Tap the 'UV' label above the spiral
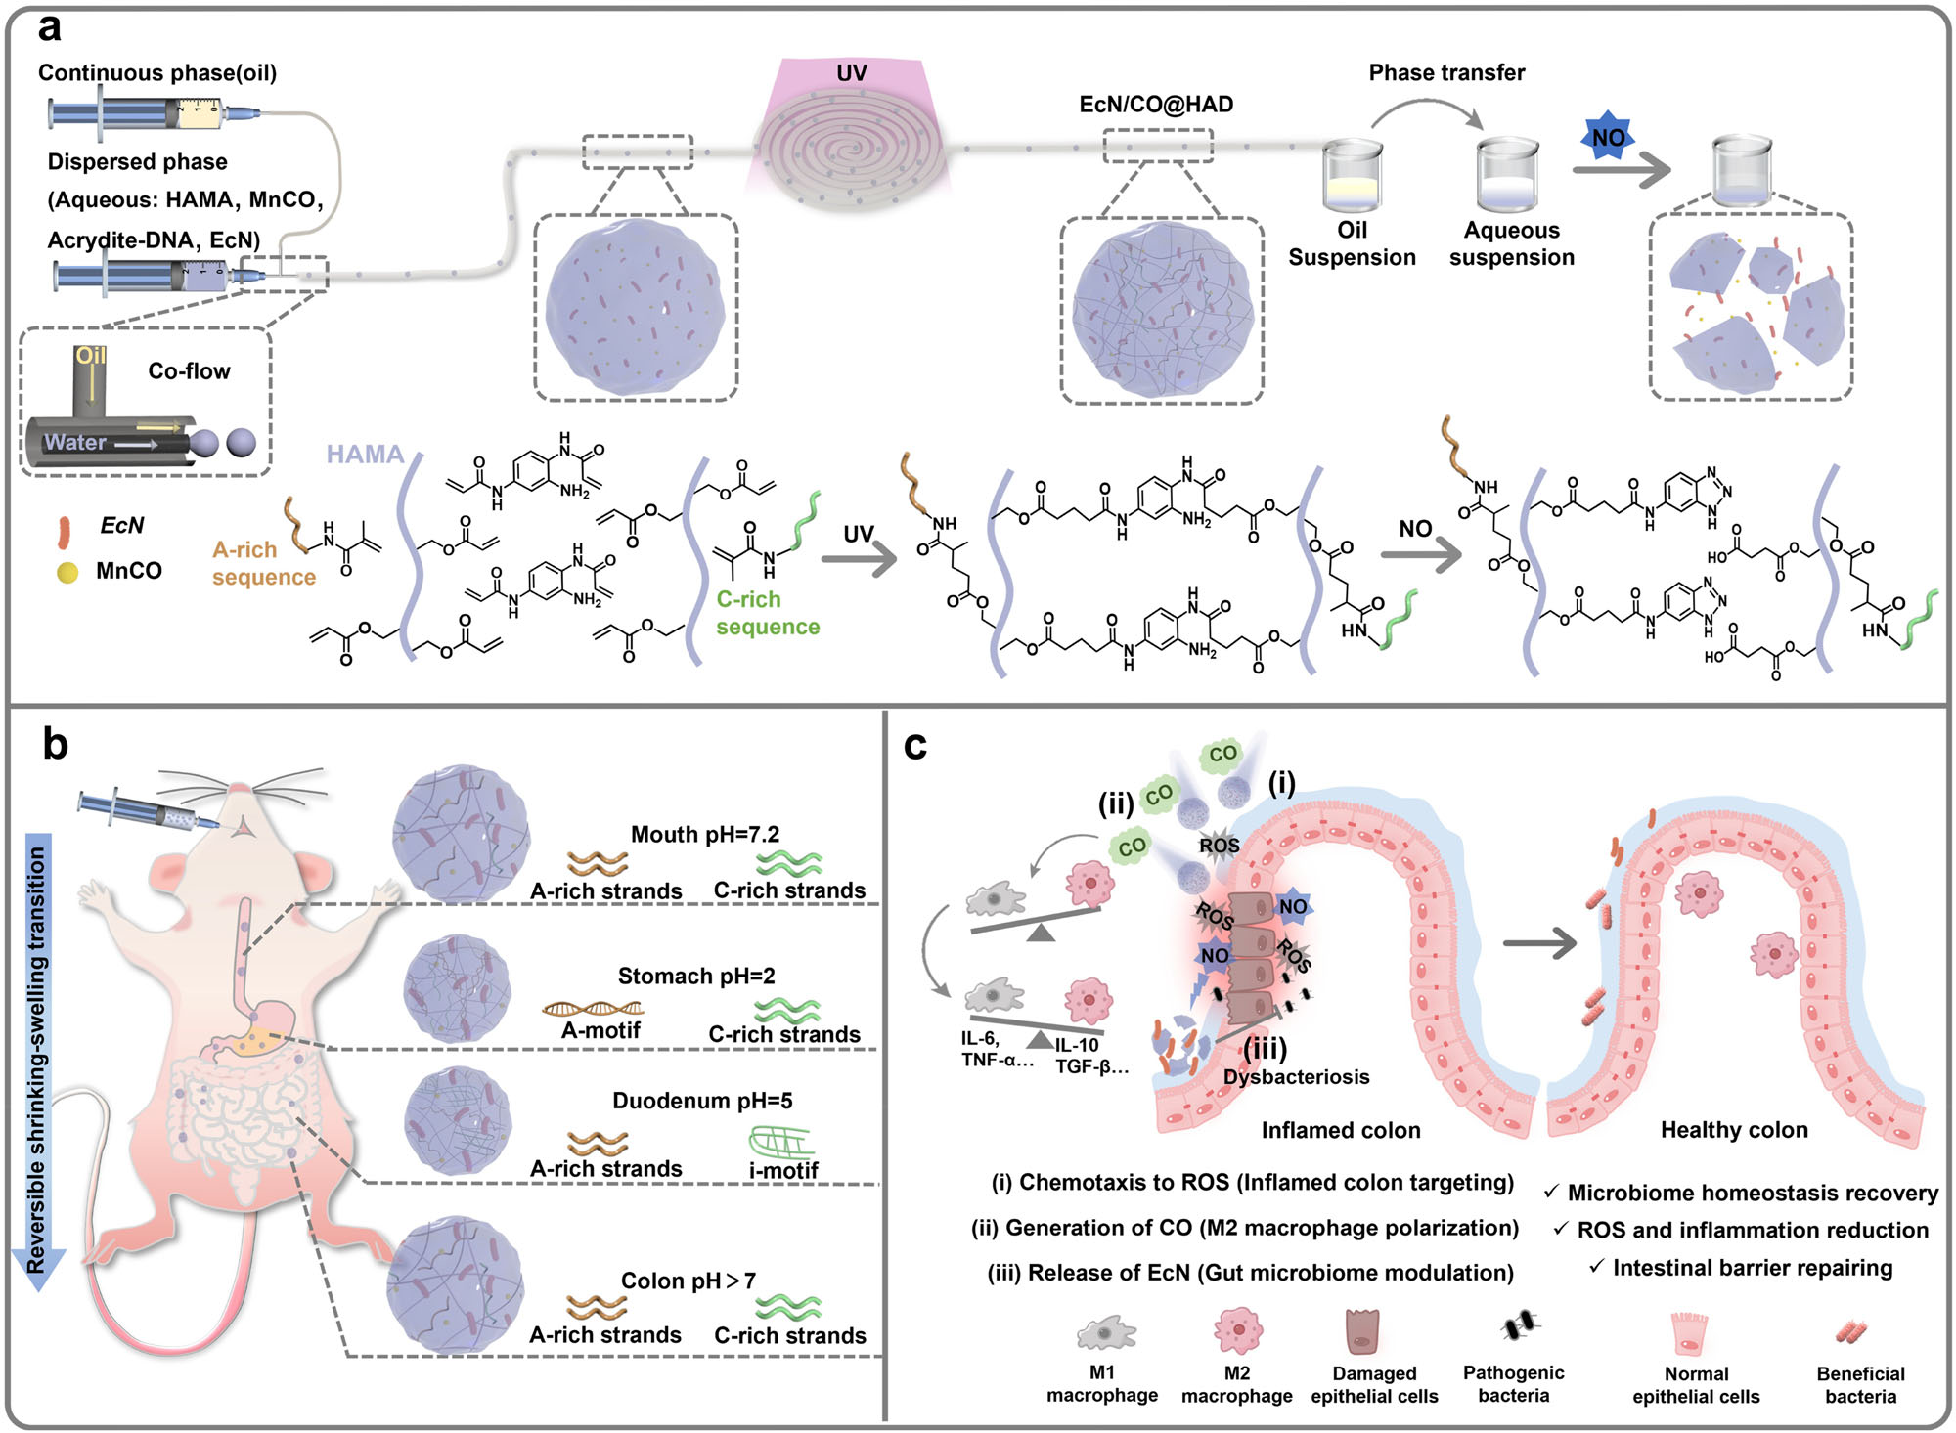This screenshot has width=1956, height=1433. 851,73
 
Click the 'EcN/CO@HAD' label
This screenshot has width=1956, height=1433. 1156,105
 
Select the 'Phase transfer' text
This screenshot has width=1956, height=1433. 1446,73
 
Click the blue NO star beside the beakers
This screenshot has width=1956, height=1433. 1608,138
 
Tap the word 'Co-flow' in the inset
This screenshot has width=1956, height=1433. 189,371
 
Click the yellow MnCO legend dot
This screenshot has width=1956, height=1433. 67,572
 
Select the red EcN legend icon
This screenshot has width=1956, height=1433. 65,532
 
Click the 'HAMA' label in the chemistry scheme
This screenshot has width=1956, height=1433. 365,455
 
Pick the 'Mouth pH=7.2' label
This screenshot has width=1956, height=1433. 705,835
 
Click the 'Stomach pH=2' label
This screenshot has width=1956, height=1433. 696,977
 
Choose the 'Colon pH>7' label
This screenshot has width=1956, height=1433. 689,1281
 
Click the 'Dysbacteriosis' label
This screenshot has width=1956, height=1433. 1296,1077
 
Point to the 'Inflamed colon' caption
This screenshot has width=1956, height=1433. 1341,1131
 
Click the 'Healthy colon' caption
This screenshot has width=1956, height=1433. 1734,1131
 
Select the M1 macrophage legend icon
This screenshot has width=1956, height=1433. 1105,1333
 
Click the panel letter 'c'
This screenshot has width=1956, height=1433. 915,746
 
